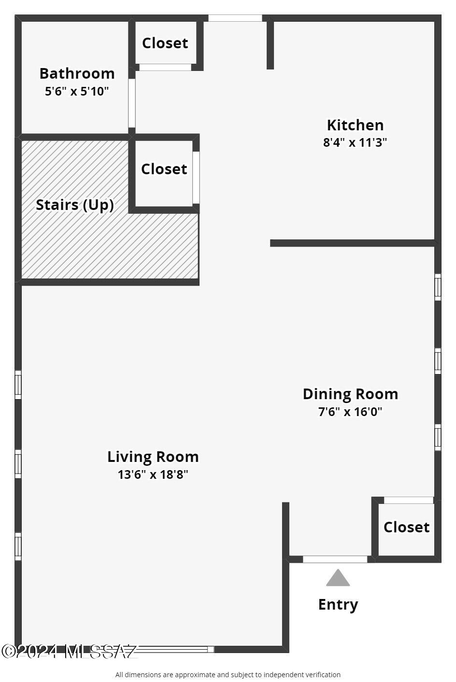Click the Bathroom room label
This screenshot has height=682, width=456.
click(x=77, y=73)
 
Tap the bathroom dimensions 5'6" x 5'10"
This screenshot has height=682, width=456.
click(x=77, y=91)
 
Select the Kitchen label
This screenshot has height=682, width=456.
click(x=355, y=125)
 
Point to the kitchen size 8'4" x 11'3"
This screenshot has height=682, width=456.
click(x=355, y=142)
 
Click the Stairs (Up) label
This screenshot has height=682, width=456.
click(x=75, y=205)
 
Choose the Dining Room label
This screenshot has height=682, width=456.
click(x=350, y=394)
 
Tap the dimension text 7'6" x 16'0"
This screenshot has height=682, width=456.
click(x=350, y=412)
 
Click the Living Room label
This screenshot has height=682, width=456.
click(x=153, y=457)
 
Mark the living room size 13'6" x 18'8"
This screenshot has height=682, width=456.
click(x=153, y=474)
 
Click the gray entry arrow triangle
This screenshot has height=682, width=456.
click(x=338, y=578)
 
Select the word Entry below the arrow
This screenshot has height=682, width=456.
click(x=338, y=604)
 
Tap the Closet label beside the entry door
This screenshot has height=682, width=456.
click(x=406, y=527)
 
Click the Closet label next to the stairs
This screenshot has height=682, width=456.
click(x=164, y=169)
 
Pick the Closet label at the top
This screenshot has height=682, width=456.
click(x=165, y=43)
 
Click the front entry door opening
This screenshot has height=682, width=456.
click(x=335, y=559)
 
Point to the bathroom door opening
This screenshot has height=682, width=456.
click(x=131, y=103)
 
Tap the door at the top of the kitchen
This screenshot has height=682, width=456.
click(x=235, y=18)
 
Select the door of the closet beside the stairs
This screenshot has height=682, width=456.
click(x=196, y=177)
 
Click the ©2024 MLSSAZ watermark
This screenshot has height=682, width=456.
click(x=70, y=652)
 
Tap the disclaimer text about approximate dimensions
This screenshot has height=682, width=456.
click(x=228, y=675)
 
